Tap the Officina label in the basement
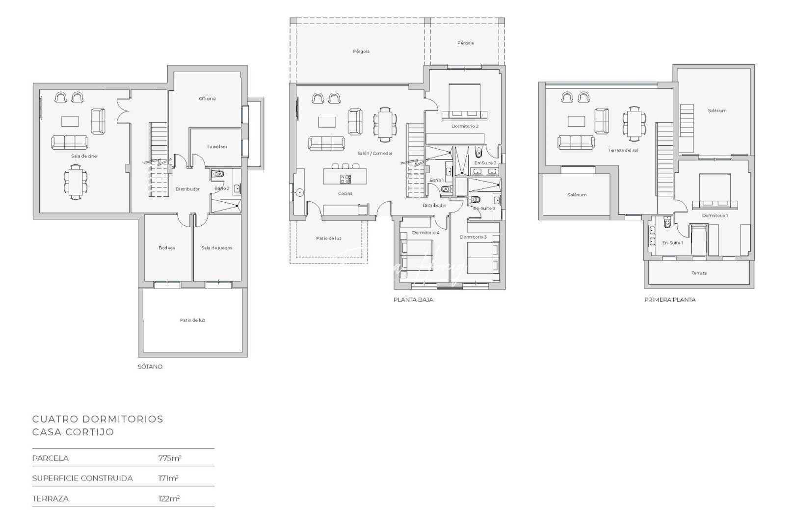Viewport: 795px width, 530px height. click(207, 99)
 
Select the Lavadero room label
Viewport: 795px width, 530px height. click(217, 147)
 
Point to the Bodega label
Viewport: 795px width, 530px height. click(167, 248)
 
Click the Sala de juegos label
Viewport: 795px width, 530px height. click(217, 248)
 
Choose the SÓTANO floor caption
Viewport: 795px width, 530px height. click(150, 367)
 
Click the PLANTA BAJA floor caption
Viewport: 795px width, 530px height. click(413, 299)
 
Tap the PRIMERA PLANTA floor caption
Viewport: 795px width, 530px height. click(670, 299)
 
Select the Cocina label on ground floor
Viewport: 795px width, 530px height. click(345, 193)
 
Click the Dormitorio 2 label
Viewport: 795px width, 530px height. click(465, 126)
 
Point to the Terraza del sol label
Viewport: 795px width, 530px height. click(623, 150)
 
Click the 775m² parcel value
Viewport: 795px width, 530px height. click(169, 458)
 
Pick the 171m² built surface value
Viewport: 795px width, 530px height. click(168, 478)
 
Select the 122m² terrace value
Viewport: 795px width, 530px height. click(169, 498)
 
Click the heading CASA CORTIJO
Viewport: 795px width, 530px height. click(73, 432)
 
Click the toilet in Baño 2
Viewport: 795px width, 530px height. click(218, 174)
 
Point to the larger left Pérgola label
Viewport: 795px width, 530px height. click(361, 52)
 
